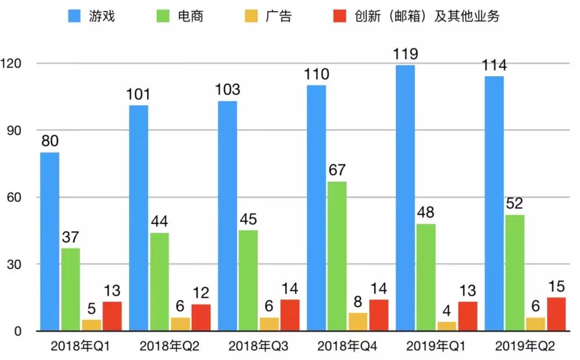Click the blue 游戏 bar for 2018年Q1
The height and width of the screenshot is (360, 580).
point(49,242)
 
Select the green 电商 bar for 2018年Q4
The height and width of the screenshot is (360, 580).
point(337,256)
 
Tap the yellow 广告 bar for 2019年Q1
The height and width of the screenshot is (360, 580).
point(447,326)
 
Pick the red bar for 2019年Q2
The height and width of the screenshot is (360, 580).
point(556,314)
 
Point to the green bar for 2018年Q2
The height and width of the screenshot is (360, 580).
point(159,282)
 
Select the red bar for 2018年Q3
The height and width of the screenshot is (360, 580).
point(290,315)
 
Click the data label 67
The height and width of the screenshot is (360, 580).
point(337,171)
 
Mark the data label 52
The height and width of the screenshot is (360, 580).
point(514,205)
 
